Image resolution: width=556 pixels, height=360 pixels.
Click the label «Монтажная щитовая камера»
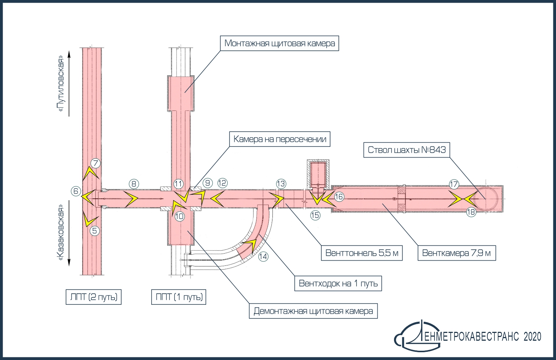click(x=279, y=43)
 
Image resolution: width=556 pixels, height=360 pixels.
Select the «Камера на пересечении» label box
click(x=279, y=139)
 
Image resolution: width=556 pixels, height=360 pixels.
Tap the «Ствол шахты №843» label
click(x=407, y=150)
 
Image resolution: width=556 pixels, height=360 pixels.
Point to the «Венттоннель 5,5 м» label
click(x=362, y=253)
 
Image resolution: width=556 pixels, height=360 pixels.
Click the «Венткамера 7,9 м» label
click(x=456, y=253)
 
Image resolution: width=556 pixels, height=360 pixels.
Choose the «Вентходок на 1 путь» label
click(x=338, y=284)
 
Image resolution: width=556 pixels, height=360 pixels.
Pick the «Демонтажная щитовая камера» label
click(x=313, y=311)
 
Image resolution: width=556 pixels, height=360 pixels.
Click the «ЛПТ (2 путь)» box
click(x=93, y=297)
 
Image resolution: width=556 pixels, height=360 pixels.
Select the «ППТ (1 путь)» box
click(x=179, y=297)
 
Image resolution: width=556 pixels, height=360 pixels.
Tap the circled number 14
click(x=263, y=256)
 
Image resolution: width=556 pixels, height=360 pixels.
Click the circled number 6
click(x=76, y=191)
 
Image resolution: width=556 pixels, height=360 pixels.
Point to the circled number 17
click(x=454, y=184)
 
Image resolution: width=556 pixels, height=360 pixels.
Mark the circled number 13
click(x=281, y=184)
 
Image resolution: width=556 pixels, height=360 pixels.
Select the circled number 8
click(x=134, y=183)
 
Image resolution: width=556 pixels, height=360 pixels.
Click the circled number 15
click(x=315, y=215)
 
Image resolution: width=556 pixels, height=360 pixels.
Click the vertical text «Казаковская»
click(x=61, y=234)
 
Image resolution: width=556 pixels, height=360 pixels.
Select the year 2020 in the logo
click(x=532, y=337)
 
